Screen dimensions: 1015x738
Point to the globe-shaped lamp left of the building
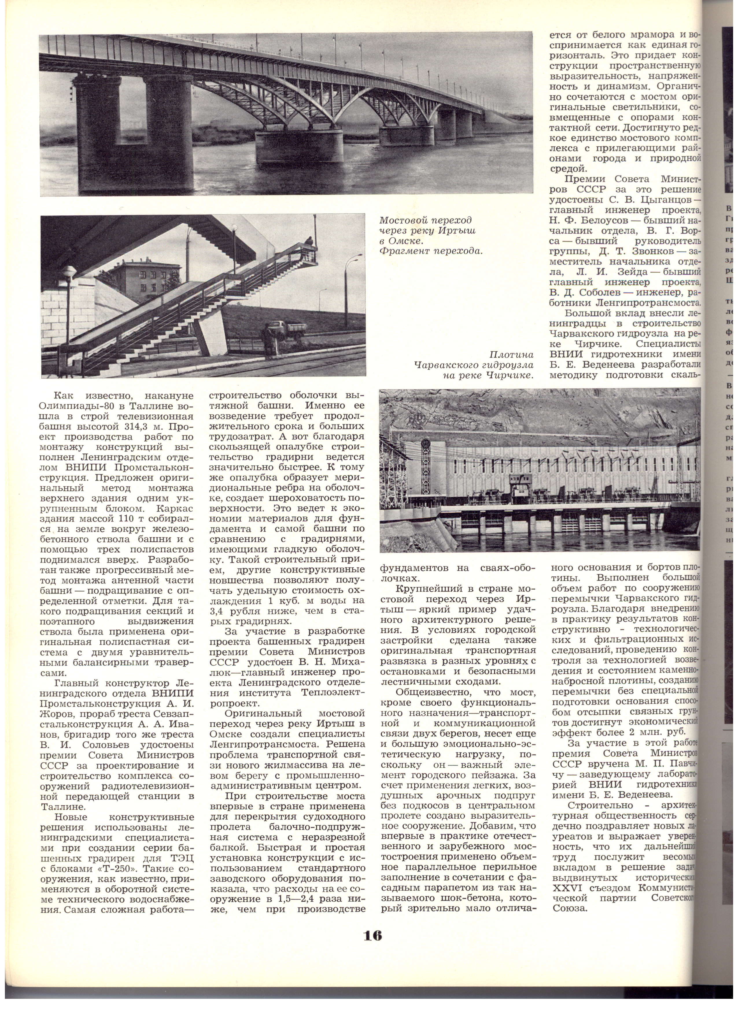(x=69, y=272)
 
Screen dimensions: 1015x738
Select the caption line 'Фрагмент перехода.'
(x=431, y=251)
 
